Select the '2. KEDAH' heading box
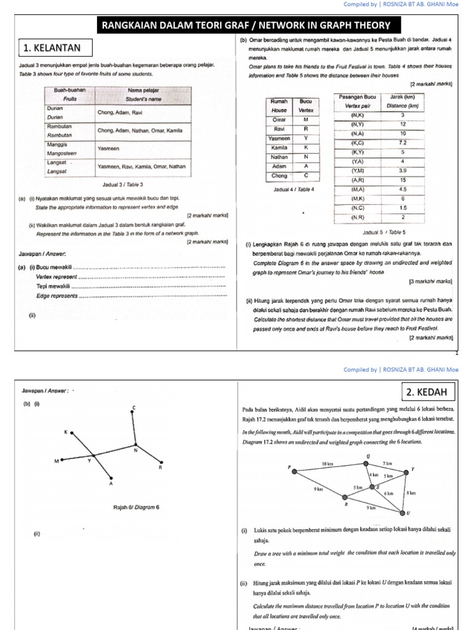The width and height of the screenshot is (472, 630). point(429,392)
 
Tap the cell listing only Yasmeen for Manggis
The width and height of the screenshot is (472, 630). point(143,148)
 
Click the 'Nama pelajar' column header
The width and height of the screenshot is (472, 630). point(143,94)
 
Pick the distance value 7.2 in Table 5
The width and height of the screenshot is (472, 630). point(403,142)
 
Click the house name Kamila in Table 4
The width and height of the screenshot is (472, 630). point(278,148)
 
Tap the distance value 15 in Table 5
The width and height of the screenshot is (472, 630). point(403,180)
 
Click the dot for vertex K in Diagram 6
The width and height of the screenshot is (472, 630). point(73,433)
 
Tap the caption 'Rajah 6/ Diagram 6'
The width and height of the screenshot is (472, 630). point(136,507)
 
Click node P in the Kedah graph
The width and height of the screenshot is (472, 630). point(295,471)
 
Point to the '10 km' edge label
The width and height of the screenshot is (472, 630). point(327,463)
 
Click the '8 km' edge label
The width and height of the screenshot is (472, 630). point(411,493)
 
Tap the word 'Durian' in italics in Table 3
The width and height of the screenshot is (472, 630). point(56,116)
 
